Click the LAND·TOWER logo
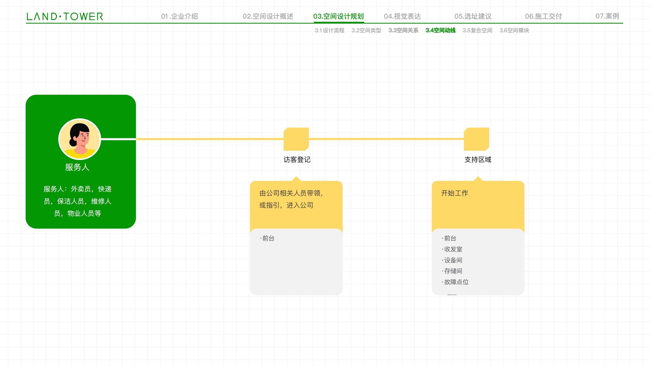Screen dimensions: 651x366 [65, 17]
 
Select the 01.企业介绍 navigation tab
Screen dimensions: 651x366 [179, 16]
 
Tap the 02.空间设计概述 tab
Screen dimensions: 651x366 [268, 16]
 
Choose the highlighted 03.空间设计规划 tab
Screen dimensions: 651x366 [338, 16]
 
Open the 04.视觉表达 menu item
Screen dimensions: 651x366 [402, 16]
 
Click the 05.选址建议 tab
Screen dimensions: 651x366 [473, 16]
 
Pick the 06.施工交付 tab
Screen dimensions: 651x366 [543, 16]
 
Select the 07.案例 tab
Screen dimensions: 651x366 [607, 16]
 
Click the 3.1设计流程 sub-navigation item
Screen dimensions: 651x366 [330, 30]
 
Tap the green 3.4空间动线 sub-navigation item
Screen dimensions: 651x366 [441, 30]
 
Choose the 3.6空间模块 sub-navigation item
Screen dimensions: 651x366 [514, 30]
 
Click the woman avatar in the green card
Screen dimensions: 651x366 [80, 139]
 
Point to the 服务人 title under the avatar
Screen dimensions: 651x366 [77, 167]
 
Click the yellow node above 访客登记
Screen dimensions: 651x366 [296, 139]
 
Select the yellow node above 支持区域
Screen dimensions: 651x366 [477, 139]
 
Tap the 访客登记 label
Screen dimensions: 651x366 [297, 160]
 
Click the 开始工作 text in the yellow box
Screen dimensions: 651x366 [455, 193]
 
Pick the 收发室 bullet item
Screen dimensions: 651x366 [452, 249]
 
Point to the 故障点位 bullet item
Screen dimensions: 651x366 [455, 282]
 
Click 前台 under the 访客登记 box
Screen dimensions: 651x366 [267, 238]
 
